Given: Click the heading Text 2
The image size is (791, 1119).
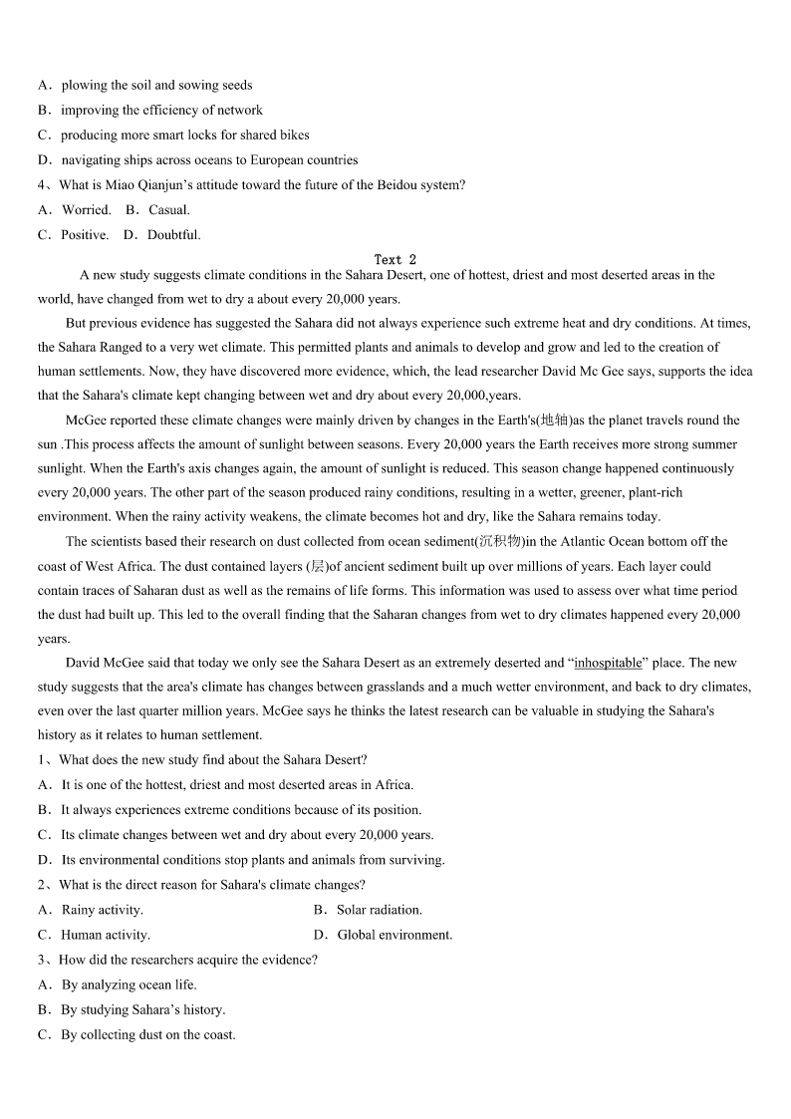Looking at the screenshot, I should click(x=395, y=260).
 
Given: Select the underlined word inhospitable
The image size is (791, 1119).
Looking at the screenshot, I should click(x=608, y=663).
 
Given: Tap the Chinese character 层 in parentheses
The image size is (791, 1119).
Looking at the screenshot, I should click(x=318, y=566).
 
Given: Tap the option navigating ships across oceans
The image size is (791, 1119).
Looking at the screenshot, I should click(x=198, y=160).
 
